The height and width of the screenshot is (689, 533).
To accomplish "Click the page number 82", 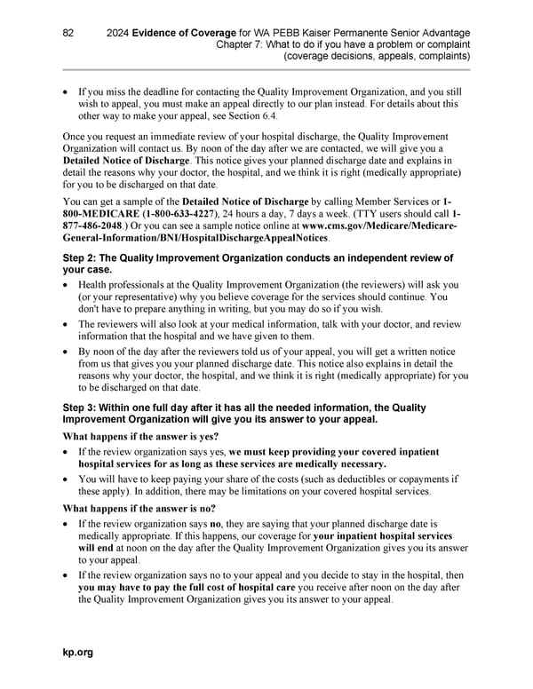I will coord(68,33).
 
